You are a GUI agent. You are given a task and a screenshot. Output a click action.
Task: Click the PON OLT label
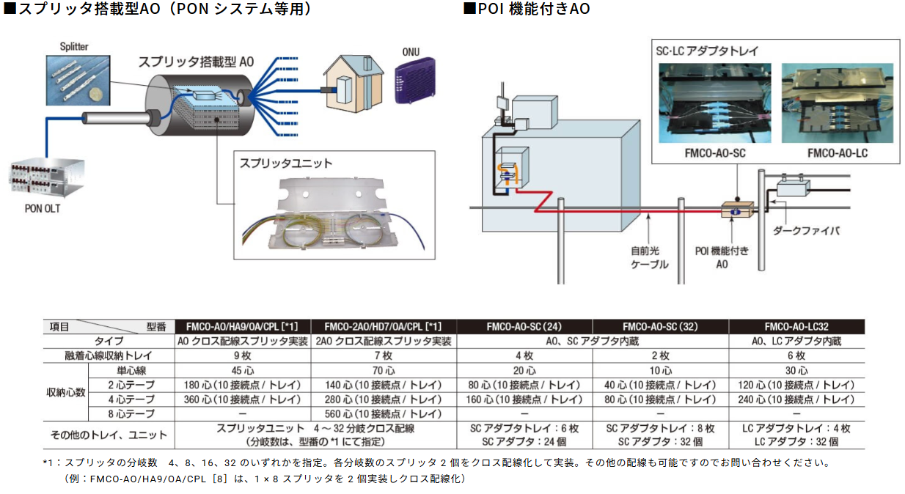(x=43, y=208)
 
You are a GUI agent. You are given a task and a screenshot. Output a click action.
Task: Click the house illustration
(x=351, y=81)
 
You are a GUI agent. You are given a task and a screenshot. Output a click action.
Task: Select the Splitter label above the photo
(x=74, y=46)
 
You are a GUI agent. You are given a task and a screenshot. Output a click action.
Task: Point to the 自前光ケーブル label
(x=650, y=257)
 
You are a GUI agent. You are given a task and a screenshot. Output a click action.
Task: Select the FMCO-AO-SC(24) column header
(x=524, y=327)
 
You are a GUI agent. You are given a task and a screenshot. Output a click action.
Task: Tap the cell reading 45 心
(x=242, y=370)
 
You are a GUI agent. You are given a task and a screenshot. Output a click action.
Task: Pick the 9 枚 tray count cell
(x=242, y=355)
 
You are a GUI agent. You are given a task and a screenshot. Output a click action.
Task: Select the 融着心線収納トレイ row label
(x=109, y=355)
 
